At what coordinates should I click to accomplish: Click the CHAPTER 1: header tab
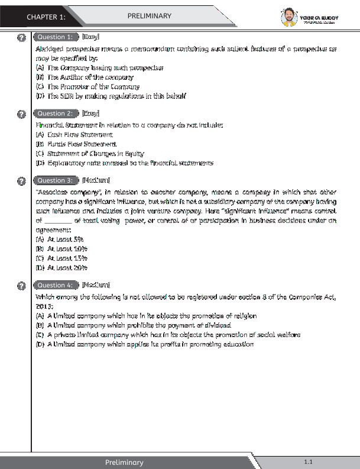46,17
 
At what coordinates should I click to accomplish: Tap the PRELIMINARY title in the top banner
150,16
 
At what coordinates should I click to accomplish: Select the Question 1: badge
55,37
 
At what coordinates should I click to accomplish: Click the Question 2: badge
55,114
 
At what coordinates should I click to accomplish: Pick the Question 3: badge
55,180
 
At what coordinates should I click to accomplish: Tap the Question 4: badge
55,285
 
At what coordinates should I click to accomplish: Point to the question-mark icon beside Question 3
22,181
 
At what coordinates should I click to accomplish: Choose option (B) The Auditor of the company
85,77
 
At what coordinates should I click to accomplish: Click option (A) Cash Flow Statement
74,135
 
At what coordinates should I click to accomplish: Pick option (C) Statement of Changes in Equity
90,153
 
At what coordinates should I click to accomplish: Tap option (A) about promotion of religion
145,316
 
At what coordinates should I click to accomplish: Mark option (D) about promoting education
144,344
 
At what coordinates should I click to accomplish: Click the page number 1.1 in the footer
308,461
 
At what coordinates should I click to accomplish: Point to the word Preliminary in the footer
124,462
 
